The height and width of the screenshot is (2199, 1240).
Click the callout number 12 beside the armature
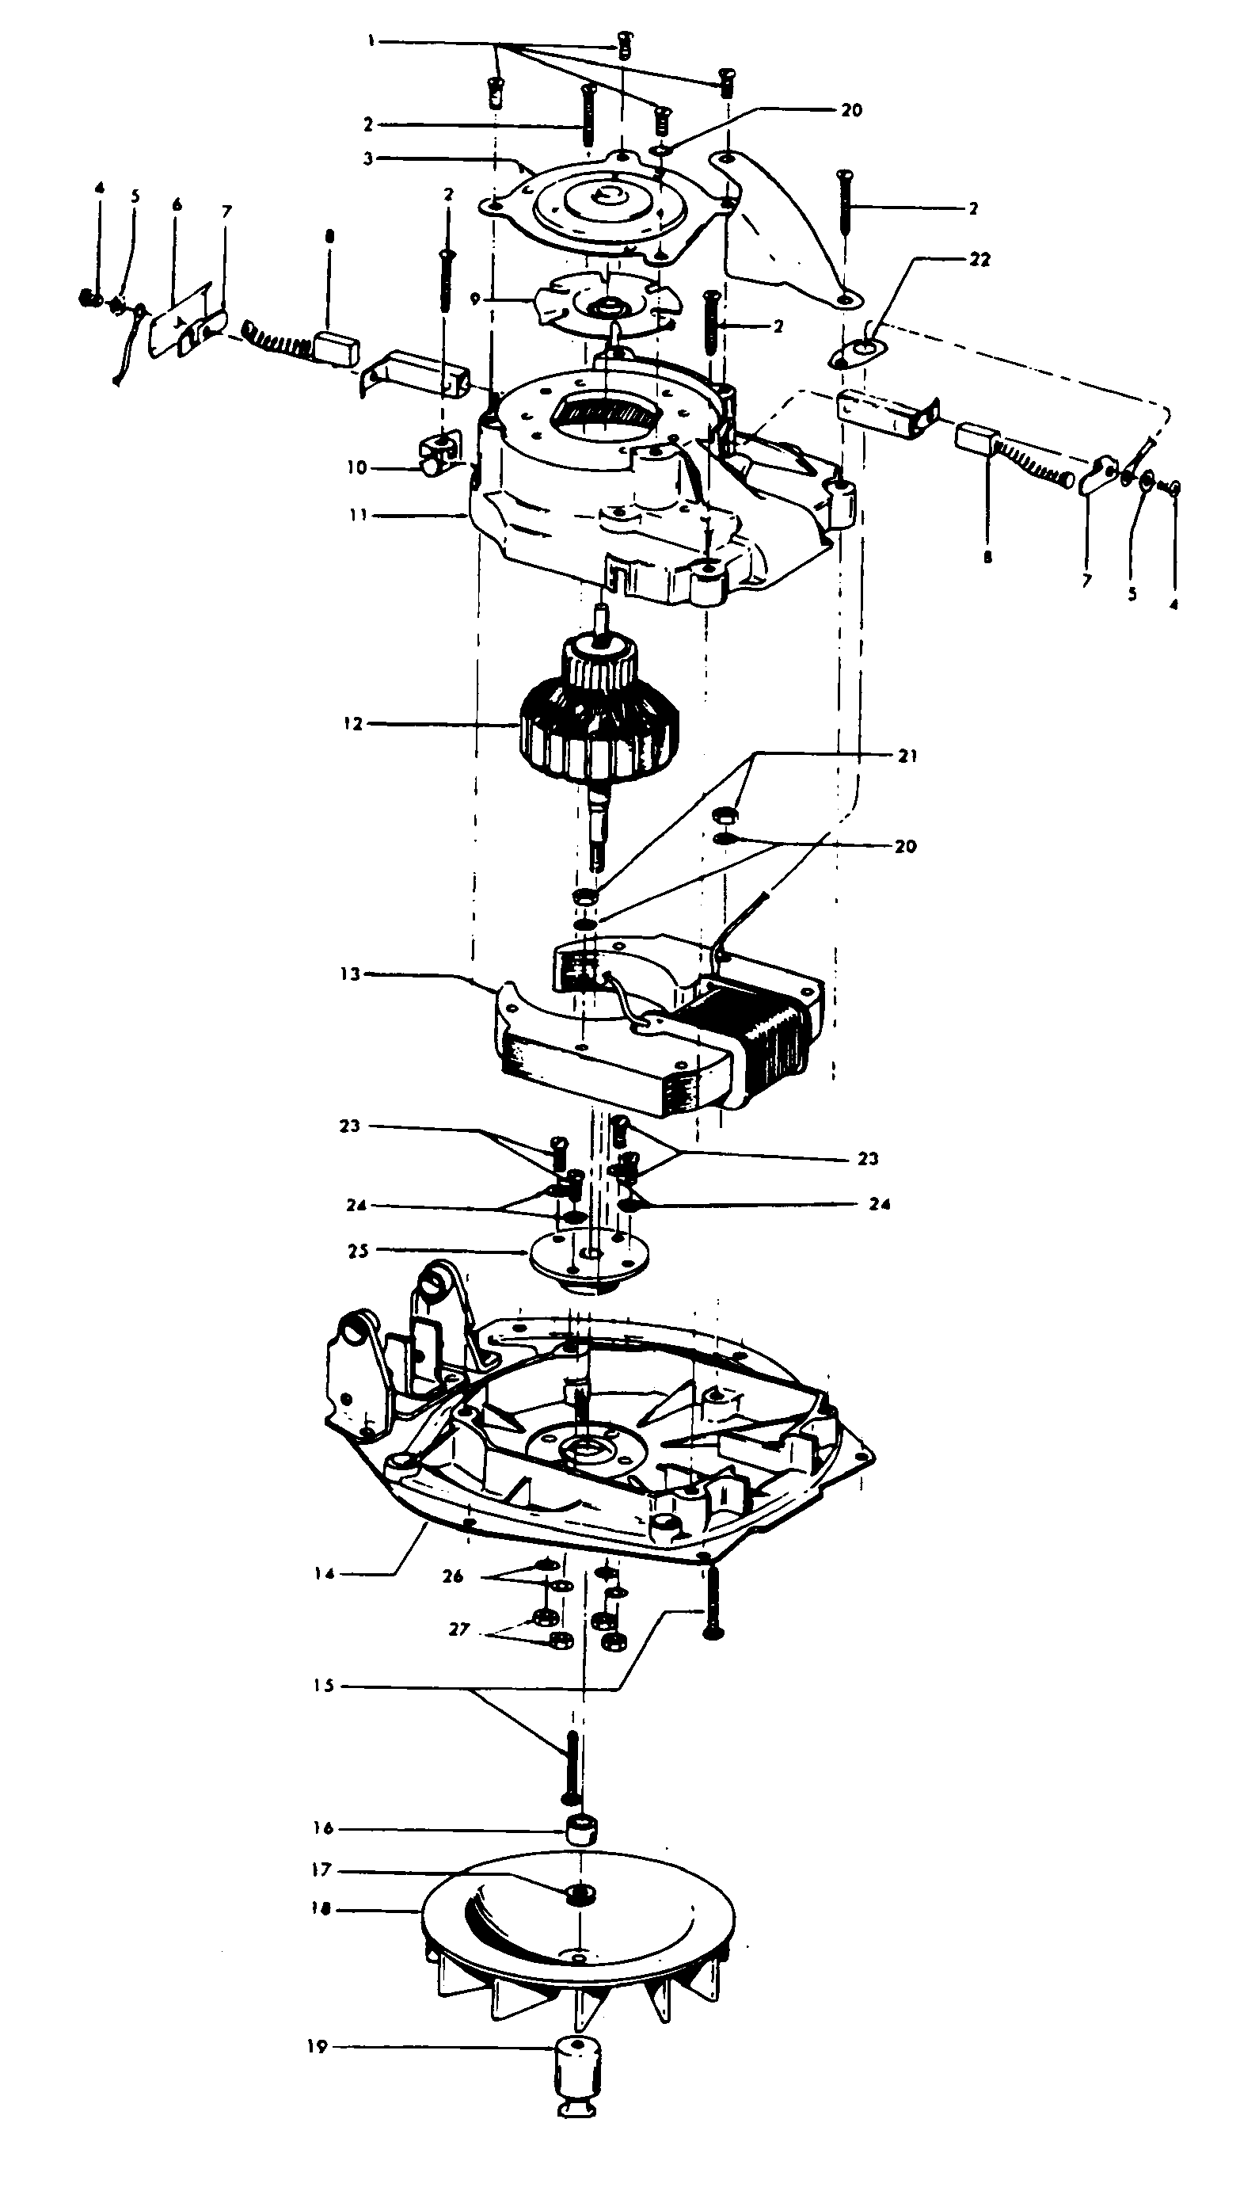[353, 724]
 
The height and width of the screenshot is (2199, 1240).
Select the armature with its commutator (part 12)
[600, 726]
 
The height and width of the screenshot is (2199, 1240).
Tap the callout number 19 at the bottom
[317, 2047]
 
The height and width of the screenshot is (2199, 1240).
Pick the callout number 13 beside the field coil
[350, 974]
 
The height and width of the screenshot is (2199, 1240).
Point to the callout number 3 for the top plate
[368, 158]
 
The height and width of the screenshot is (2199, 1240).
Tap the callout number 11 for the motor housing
[358, 515]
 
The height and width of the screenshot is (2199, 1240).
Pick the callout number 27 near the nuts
[459, 1629]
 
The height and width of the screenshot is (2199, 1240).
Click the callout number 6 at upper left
[177, 205]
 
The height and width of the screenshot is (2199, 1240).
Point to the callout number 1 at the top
[371, 40]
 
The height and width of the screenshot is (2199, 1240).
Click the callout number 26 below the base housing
[452, 1576]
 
